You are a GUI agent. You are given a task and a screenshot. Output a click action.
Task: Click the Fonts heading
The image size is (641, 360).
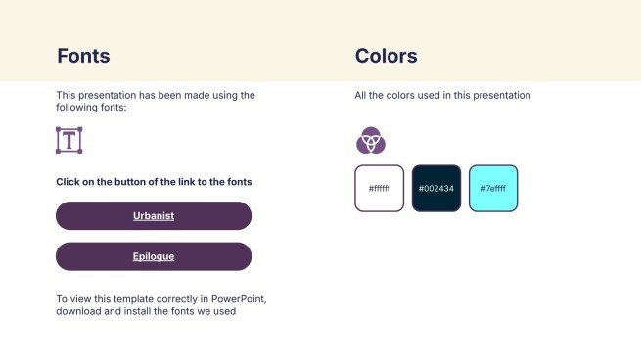[83, 56]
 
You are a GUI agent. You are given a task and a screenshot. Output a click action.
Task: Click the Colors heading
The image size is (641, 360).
[387, 56]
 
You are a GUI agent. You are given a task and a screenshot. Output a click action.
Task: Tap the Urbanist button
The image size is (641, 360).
[154, 216]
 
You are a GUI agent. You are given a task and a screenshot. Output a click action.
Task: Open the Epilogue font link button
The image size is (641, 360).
[154, 256]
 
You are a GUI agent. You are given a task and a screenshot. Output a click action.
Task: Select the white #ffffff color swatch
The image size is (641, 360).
[379, 189]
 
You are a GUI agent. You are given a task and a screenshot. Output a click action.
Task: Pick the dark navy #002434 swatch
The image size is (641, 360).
[436, 189]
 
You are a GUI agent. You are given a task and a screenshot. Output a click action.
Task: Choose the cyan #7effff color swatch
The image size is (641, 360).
[493, 189]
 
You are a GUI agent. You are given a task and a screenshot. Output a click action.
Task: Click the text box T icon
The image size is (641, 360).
[69, 140]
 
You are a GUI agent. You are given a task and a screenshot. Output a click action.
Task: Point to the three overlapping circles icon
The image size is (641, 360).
[371, 141]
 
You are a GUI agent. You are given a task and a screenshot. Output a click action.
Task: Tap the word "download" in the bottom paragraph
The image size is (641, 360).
[77, 312]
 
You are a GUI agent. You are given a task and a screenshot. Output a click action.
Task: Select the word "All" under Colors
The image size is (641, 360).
[361, 96]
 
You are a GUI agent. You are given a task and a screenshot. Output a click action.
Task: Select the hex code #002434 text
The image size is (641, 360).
[436, 189]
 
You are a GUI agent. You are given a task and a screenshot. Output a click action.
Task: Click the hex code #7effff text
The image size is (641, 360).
[493, 189]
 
